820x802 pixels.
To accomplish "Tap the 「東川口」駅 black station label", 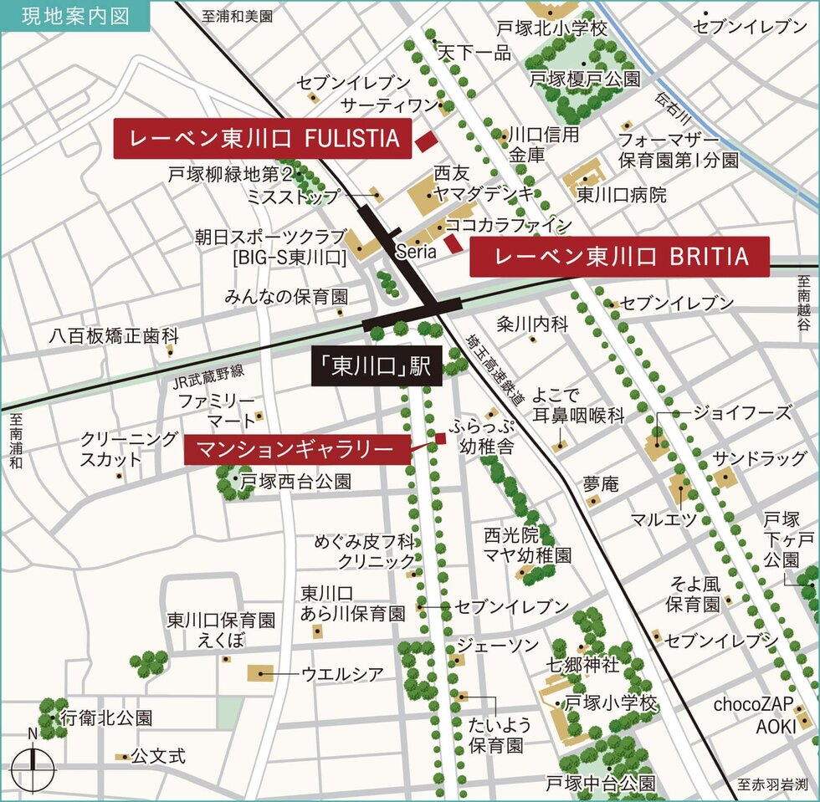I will pos(377,367).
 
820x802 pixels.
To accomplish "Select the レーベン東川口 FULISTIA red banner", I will pos(263,139).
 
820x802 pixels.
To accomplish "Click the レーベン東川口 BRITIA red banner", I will pos(619,257).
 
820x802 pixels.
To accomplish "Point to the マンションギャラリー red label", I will pos(297,450).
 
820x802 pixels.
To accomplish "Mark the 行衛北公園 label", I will pos(106,718).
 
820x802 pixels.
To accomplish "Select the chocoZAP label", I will pos(749,704).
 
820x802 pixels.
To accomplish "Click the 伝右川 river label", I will pos(672,106).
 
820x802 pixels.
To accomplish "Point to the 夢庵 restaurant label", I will pos(601,483).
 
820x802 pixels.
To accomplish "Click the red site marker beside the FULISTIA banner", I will pos(426,141).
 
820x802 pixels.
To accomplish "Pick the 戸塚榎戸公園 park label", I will pos(586,79).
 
